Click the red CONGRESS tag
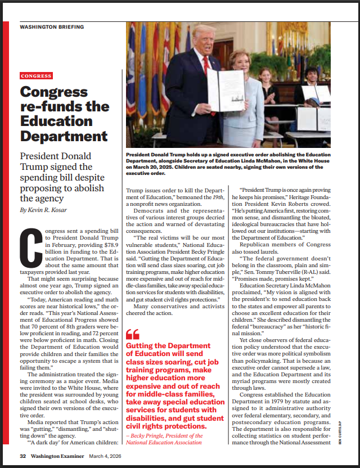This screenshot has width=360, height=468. (x=36, y=76)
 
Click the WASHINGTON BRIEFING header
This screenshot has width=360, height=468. (x=52, y=27)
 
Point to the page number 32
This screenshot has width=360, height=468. (x=23, y=456)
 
